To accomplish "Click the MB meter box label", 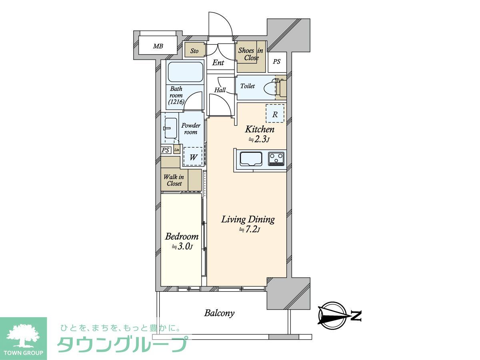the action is click(158, 46).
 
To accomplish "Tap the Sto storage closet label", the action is click(194, 51).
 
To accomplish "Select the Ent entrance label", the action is click(218, 63).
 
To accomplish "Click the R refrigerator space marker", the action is click(275, 114).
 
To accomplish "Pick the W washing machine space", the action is click(193, 157).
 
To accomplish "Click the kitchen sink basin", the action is click(251, 159).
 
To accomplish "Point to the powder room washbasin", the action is click(170, 128).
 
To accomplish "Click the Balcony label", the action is click(219, 313).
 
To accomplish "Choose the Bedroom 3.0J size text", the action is click(182, 247).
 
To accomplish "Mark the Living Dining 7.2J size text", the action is click(249, 229).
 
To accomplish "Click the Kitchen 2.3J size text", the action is click(259, 140).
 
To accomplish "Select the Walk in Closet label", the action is click(174, 180).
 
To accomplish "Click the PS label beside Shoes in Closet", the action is click(276, 62).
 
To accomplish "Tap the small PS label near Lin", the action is click(165, 150).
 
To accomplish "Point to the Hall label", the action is click(220, 90).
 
